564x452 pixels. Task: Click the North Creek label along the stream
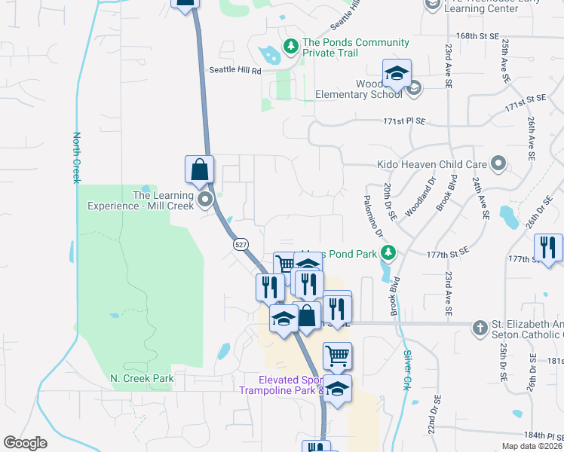[76, 158]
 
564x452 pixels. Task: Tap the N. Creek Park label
[142, 378]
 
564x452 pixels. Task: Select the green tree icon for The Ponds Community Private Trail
[291, 47]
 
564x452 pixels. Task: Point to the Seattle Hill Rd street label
[234, 71]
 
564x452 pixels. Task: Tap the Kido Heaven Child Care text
[431, 164]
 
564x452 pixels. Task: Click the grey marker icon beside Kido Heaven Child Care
[498, 163]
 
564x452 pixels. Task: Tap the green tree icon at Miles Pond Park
[388, 252]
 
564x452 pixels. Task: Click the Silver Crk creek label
[408, 368]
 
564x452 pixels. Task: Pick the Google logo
[25, 443]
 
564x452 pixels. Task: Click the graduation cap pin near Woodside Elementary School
[396, 74]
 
